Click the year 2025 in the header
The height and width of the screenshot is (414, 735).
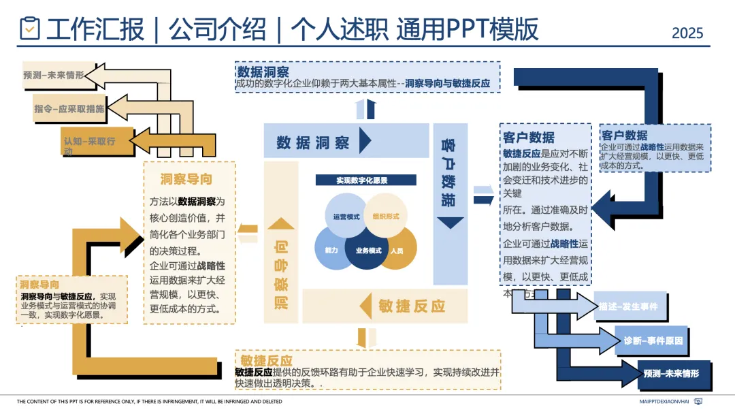pos(687,32)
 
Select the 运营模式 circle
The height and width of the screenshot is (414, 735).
pos(346,216)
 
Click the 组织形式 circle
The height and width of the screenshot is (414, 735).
pos(386,216)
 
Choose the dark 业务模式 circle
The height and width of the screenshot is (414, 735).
pos(368,250)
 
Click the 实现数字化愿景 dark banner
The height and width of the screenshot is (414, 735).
pos(365,180)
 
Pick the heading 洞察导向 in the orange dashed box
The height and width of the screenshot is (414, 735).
pos(186,179)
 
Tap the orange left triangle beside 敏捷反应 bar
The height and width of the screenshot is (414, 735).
pos(365,304)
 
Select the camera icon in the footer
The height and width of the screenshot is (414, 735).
pos(698,402)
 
